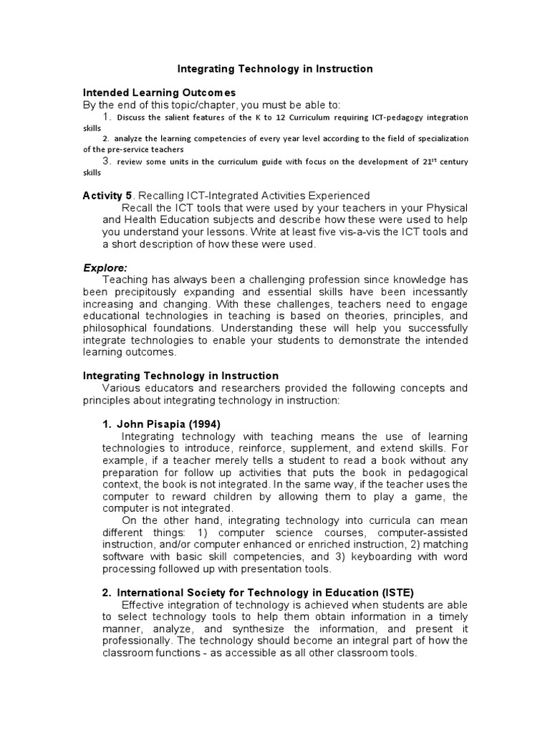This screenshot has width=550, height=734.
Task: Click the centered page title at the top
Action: coord(275,69)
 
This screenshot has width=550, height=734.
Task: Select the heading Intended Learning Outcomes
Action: coord(159,92)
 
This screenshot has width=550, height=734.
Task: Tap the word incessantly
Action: coord(438,292)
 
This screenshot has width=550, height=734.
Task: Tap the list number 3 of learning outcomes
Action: coord(107,161)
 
